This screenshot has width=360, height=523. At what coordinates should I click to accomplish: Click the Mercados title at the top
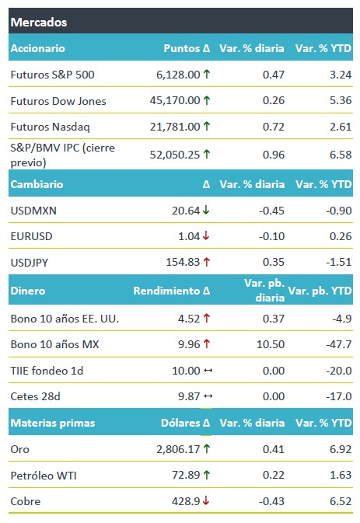pos(39,23)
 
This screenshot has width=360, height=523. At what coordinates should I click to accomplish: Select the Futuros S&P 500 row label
pos(52,75)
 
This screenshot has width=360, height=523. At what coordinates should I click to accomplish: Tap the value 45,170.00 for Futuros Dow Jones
pos(175,100)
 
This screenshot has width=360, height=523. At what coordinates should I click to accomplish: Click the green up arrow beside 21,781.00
pos(207,126)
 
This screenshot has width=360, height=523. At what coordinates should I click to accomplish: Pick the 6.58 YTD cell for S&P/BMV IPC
pos(341,155)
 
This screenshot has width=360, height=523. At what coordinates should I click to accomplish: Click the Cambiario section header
pos(37,184)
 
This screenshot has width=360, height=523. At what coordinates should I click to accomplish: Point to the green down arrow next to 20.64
pos(206,210)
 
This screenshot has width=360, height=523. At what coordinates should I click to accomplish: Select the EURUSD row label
pos(31,236)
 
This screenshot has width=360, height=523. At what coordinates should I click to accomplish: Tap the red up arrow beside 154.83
pos(207,262)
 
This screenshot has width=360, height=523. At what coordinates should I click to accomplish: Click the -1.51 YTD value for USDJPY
pos(339,262)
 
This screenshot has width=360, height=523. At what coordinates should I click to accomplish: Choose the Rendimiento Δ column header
pos(172,291)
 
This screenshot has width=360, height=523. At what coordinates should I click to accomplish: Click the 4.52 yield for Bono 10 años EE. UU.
pos(189,319)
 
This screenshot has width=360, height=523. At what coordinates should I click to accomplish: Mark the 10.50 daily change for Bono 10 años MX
pos(271,344)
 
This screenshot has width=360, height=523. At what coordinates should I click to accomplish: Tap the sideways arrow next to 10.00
pos(208,370)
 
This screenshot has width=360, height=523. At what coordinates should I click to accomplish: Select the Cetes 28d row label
pos(35,396)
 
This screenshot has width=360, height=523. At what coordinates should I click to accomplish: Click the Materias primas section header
pos(53,423)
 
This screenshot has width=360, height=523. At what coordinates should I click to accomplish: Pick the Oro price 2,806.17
pos(178,449)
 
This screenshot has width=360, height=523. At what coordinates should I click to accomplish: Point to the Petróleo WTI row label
pos(44,476)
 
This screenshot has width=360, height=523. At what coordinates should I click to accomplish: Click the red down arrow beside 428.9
pos(206,500)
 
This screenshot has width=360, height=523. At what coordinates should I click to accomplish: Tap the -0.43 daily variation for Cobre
pos(271,501)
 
